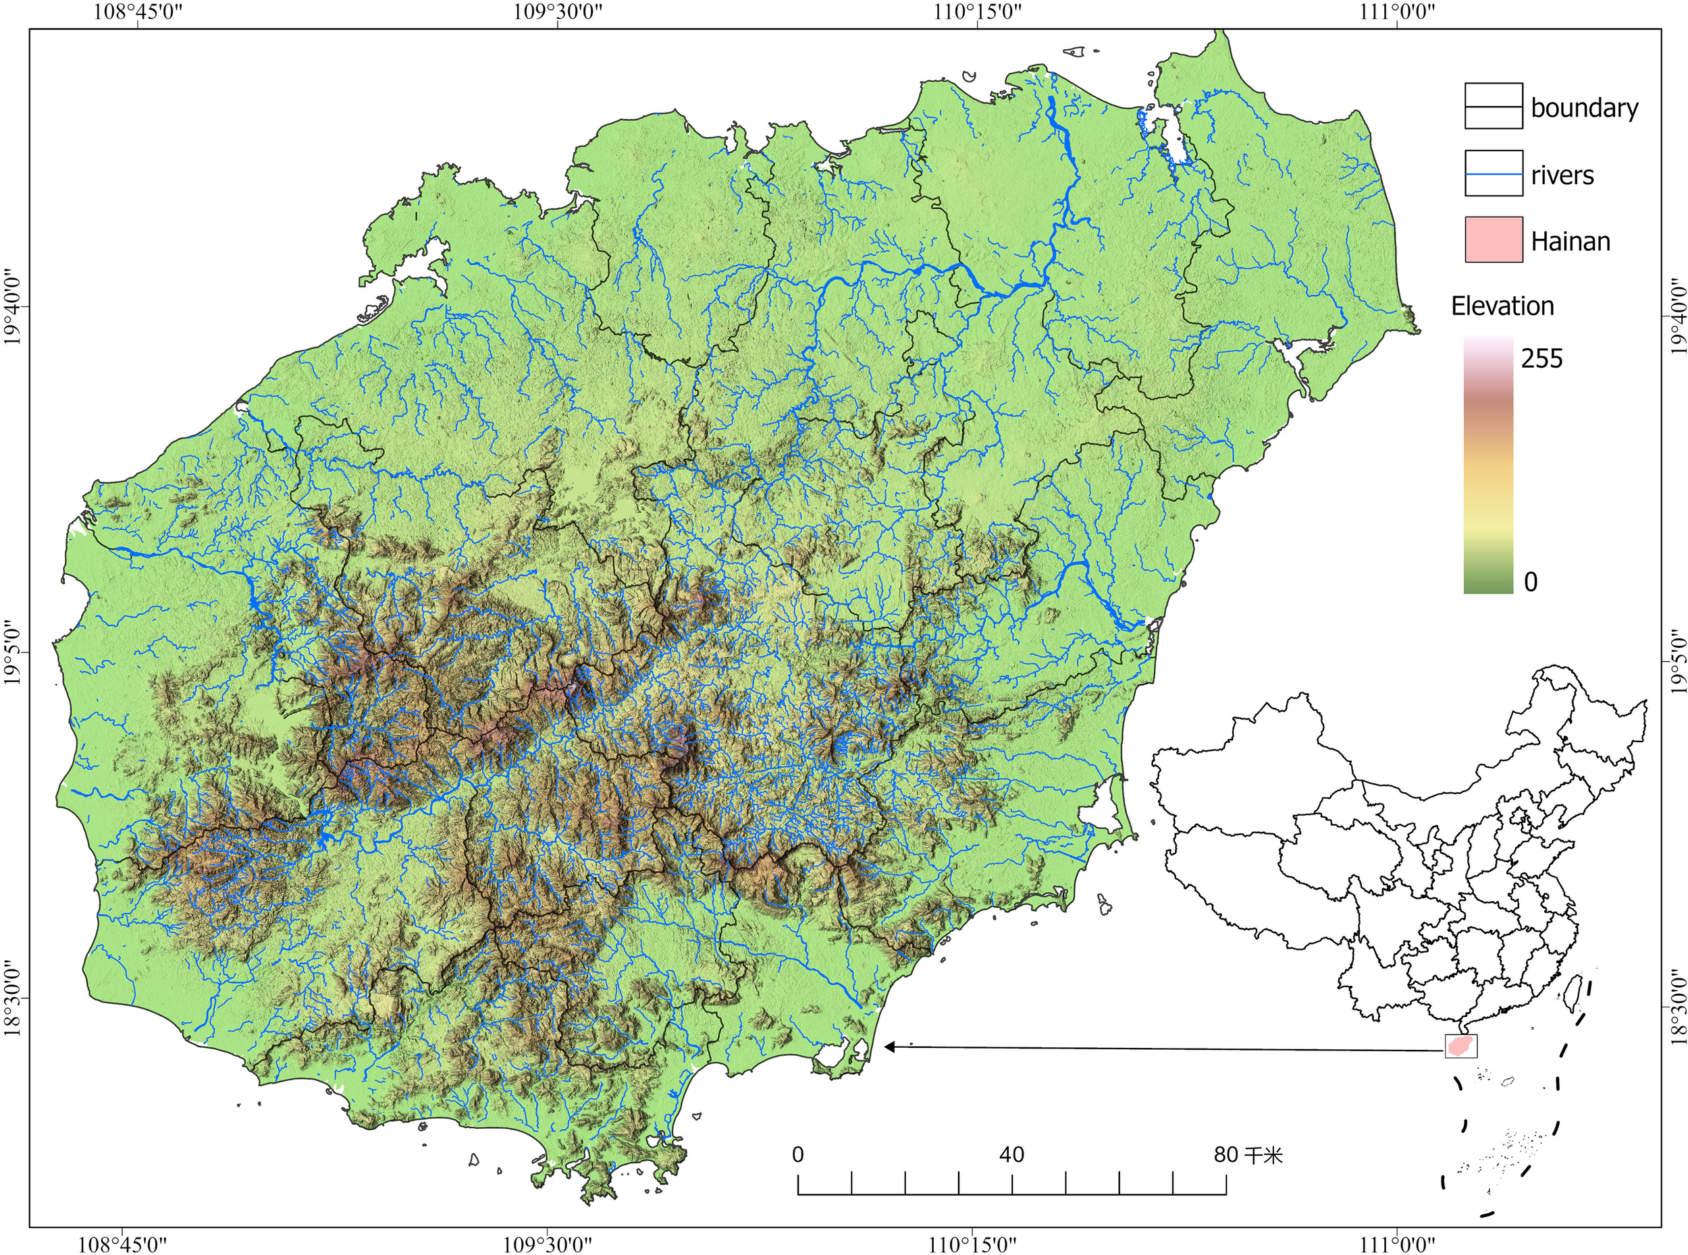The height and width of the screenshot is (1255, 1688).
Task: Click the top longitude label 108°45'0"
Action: coord(138,13)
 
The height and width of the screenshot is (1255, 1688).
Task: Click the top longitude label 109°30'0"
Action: coord(557,13)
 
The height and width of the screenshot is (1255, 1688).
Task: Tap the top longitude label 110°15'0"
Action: coord(978,13)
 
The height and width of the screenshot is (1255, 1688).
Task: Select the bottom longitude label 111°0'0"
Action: coord(1397,1244)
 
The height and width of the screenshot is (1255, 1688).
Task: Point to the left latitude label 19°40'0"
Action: coord(13,308)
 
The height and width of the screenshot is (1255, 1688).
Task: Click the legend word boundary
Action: coord(1584,108)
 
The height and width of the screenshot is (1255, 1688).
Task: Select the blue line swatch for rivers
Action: coord(1494,174)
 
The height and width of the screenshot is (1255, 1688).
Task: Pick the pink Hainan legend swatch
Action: coord(1494,240)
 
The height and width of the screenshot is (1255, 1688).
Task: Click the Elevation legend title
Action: coord(1502,306)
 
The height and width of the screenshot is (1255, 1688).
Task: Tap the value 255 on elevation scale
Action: coord(1541,358)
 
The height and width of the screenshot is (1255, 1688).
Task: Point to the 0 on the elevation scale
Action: coord(1531,582)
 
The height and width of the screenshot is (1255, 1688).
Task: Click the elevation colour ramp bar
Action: coord(1488,465)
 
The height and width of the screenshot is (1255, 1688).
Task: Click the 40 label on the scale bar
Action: coord(1011,1154)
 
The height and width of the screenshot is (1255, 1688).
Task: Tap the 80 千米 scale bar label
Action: coord(1248,1154)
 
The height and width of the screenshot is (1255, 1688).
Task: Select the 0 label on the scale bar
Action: coord(797,1154)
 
